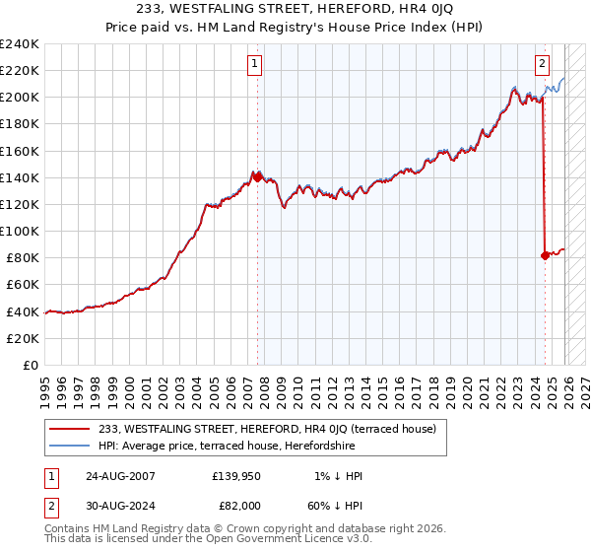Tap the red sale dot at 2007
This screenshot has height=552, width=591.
click(257, 176)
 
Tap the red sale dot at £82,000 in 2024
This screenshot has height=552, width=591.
click(545, 255)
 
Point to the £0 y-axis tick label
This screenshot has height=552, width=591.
click(32, 365)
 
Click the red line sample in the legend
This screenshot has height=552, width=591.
click(69, 429)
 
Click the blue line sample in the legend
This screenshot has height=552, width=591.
click(69, 446)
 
